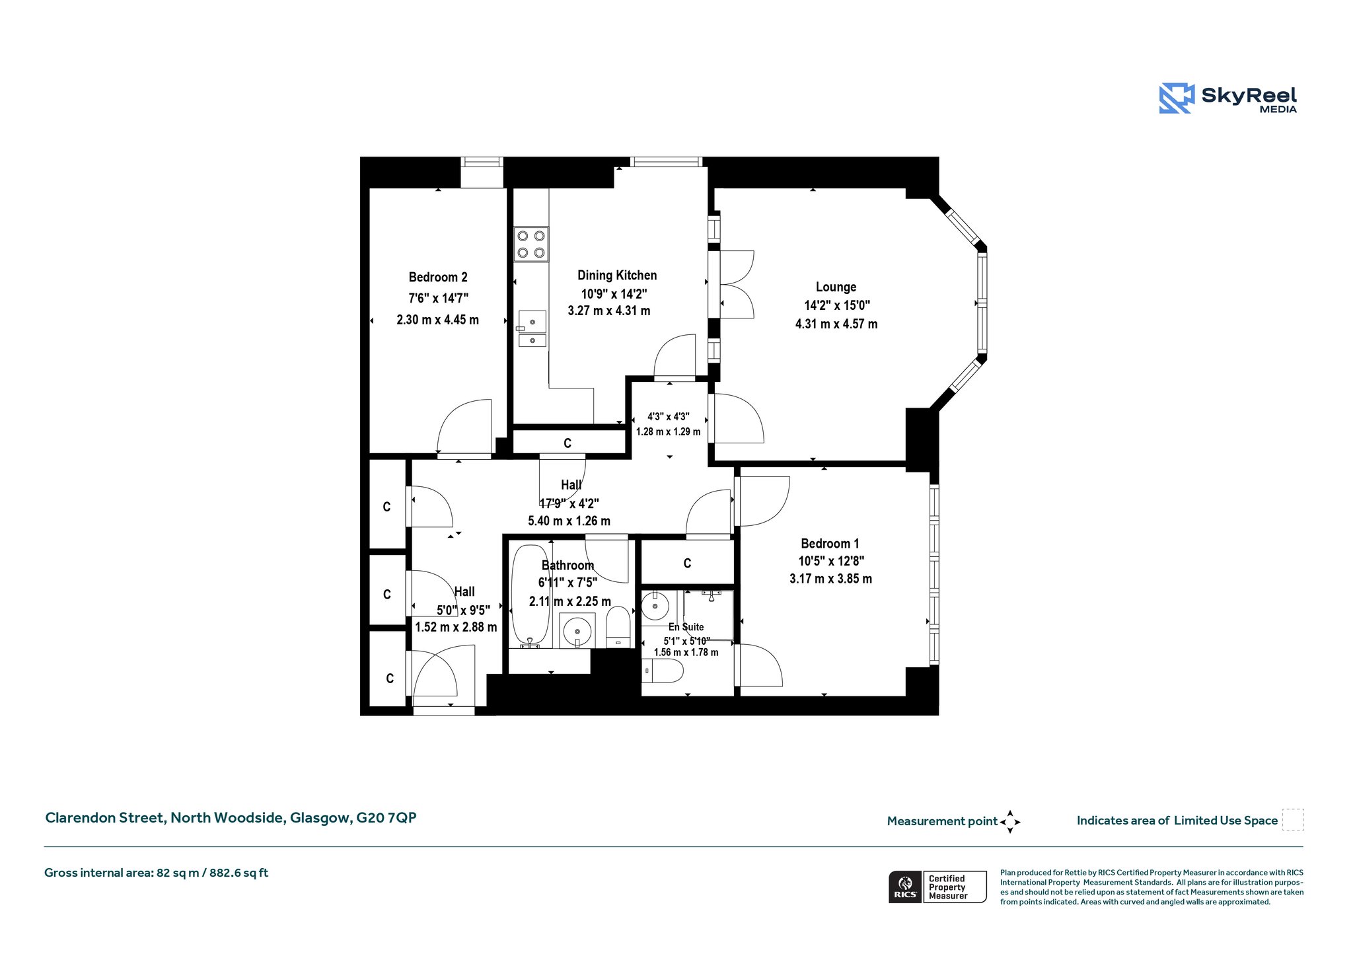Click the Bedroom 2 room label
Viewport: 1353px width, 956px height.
coord(438,277)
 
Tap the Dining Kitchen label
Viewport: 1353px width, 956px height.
coord(617,276)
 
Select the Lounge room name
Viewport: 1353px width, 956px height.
coord(836,287)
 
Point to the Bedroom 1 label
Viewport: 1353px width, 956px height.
coord(830,544)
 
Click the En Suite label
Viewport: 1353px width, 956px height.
coord(686,627)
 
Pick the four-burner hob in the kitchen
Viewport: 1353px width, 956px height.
coord(531,244)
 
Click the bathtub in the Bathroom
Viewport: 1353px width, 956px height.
coord(530,595)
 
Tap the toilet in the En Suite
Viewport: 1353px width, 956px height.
coord(662,672)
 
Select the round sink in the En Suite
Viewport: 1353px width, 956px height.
coord(655,606)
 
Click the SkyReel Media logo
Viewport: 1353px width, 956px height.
coord(1227,98)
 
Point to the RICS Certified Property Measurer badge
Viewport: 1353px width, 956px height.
coord(937,887)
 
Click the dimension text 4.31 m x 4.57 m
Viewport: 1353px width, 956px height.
coord(836,324)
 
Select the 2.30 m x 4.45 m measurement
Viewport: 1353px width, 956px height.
coord(437,320)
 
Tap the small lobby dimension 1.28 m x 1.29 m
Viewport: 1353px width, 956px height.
coord(668,431)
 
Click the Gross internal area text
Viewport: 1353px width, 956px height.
coord(156,873)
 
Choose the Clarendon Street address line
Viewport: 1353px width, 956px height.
coord(231,818)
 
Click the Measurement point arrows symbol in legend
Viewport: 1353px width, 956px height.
coord(1010,822)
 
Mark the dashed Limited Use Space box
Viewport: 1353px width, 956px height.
coord(1293,819)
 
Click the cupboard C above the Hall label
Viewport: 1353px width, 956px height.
coord(567,443)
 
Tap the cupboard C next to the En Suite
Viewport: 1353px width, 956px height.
coord(687,564)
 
